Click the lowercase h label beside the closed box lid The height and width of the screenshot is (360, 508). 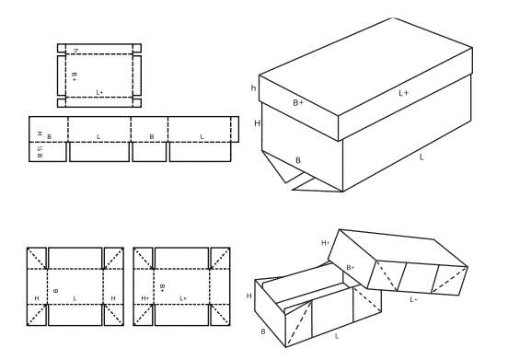tap(254, 88)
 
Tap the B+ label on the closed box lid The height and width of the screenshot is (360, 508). tap(297, 102)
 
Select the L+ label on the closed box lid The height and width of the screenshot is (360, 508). tap(404, 93)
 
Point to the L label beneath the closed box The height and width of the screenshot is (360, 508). tap(421, 158)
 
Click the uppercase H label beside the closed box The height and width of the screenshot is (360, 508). tap(257, 123)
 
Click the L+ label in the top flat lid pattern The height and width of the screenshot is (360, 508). tap(100, 93)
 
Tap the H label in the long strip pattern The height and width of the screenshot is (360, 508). tap(40, 134)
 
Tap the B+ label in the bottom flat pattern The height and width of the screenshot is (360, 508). tap(162, 287)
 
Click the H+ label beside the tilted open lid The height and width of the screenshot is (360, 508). tap(326, 243)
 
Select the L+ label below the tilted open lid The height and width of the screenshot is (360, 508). tap(413, 299)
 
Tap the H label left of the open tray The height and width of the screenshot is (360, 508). tap(248, 296)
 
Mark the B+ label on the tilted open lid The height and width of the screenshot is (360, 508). tap(351, 268)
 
